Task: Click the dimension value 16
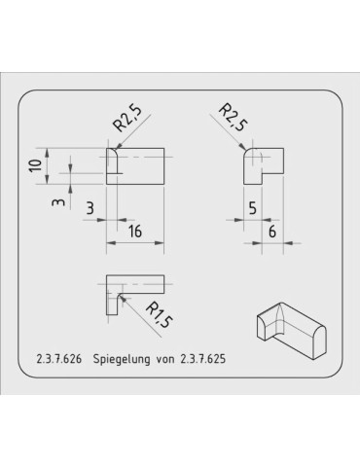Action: point(136,231)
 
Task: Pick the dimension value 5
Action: point(251,207)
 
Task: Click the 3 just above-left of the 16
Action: point(90,207)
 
